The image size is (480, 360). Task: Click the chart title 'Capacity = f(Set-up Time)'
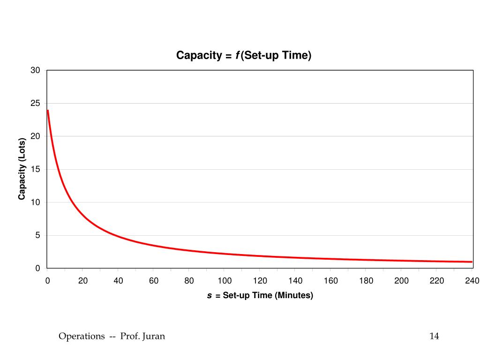coord(244,55)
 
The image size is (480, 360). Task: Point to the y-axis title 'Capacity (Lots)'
coord(22,169)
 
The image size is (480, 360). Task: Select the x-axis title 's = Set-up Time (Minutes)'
coord(260,295)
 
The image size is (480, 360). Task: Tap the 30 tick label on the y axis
coord(36,70)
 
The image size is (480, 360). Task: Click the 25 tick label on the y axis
coord(36,103)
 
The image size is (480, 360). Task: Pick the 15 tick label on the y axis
coord(36,169)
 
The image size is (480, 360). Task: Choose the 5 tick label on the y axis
coord(38,235)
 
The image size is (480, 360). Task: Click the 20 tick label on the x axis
coord(83,281)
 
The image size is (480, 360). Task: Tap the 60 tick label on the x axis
coord(154,281)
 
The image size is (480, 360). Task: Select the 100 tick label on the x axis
coord(225,281)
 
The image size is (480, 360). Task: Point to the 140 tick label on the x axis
coord(295,281)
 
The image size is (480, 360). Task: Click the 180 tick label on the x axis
coord(366,281)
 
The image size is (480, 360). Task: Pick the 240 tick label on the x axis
coord(472,281)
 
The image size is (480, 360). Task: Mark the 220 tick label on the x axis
coord(437,281)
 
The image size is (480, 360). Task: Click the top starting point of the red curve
coord(48,111)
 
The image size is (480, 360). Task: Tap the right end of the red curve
coord(472,262)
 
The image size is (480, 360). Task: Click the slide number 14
coord(434,336)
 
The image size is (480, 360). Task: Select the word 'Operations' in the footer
coord(82,336)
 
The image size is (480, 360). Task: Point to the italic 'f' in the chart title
coord(237,55)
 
